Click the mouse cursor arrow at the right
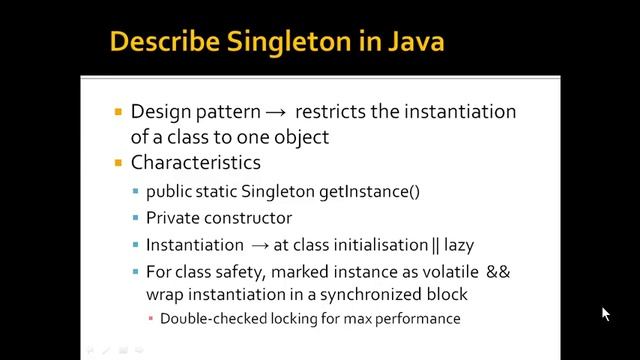pyautogui.click(x=605, y=313)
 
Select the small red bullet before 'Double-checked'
pyautogui.click(x=150, y=319)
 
